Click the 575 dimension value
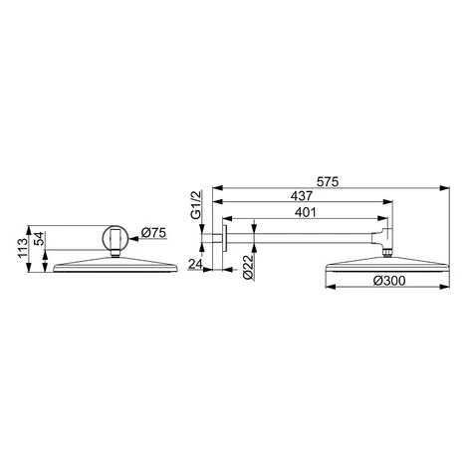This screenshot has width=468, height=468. pyautogui.click(x=328, y=182)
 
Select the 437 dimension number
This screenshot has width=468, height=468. pyautogui.click(x=302, y=196)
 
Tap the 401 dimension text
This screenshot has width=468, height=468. pyautogui.click(x=306, y=212)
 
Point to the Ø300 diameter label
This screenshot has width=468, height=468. pyautogui.click(x=389, y=281)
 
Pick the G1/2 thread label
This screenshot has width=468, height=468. pyautogui.click(x=196, y=204)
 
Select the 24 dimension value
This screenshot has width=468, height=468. pyautogui.click(x=195, y=264)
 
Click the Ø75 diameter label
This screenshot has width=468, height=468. pyautogui.click(x=153, y=233)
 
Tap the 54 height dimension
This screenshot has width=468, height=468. pyautogui.click(x=39, y=239)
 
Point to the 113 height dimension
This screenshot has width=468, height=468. pyautogui.click(x=23, y=248)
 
